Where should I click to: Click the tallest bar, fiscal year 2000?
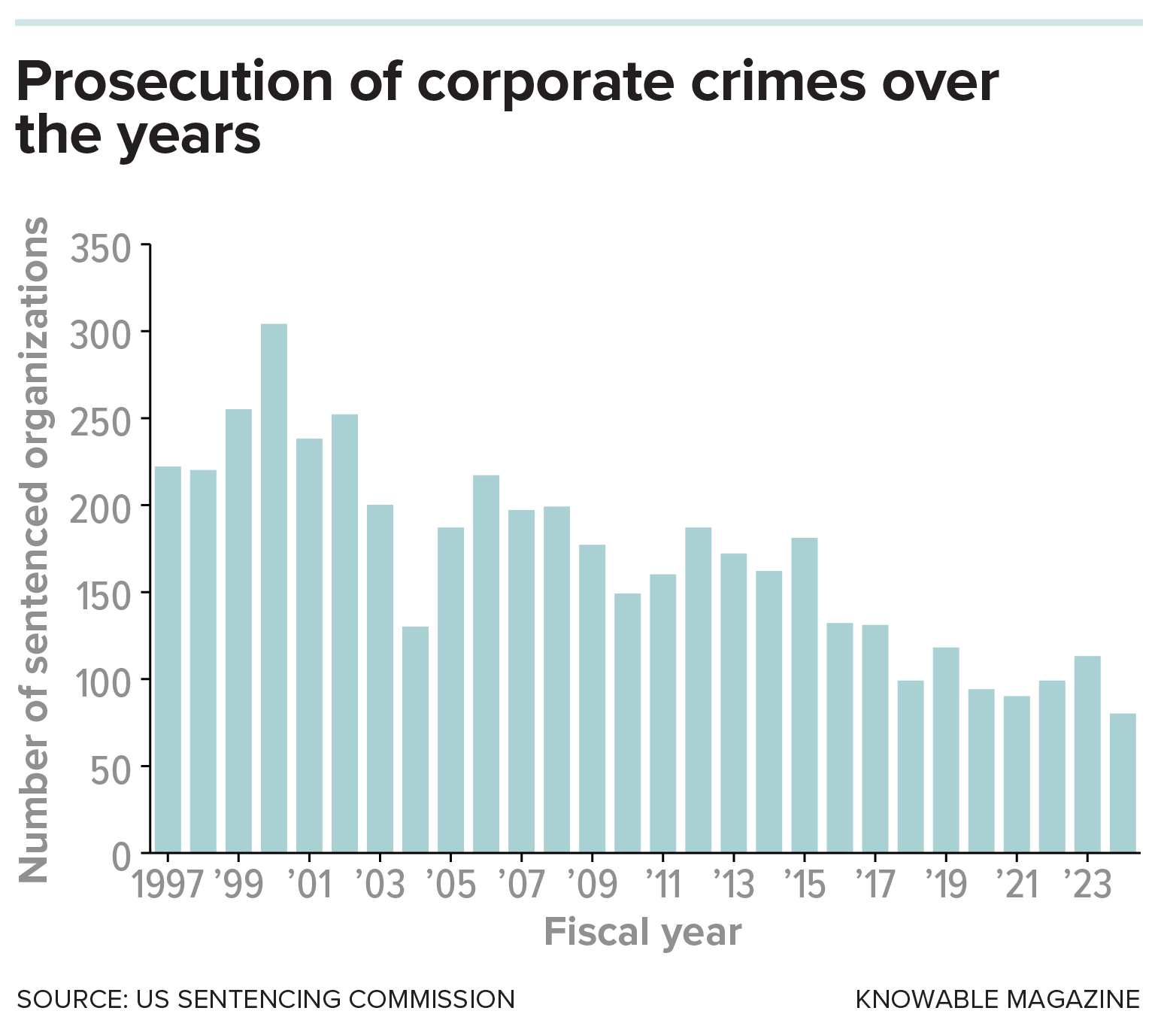tap(274, 587)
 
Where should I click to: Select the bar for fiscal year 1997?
tap(168, 658)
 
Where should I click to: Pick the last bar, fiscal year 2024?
tap(1123, 782)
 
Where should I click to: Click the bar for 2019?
tap(946, 749)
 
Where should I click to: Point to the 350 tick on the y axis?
tap(101, 249)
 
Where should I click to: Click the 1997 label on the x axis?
tap(168, 884)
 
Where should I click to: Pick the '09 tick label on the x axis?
tap(593, 884)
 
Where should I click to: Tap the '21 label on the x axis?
tap(1017, 884)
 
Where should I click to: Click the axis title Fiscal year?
tap(642, 933)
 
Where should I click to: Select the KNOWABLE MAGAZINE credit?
tap(997, 999)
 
